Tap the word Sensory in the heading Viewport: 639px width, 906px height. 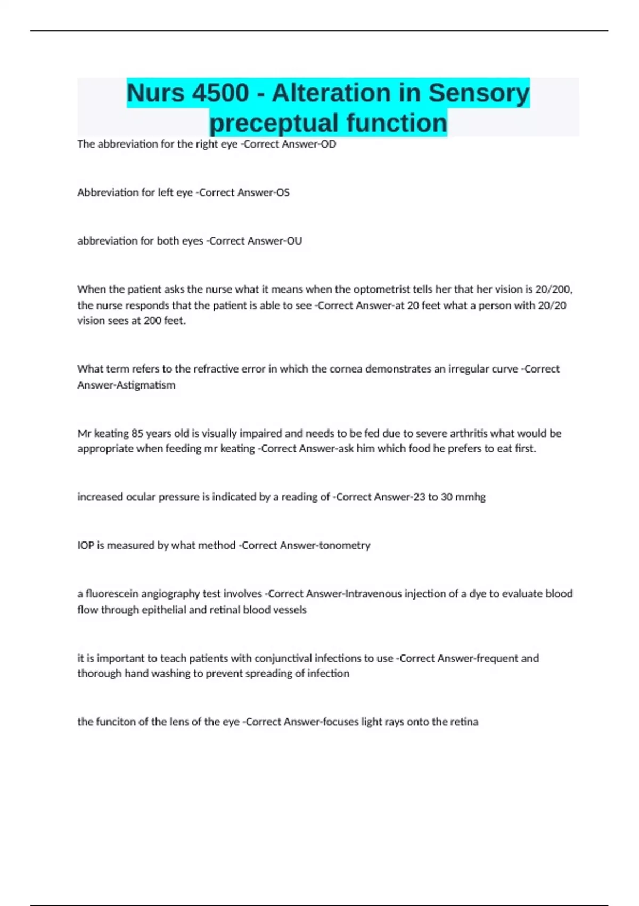(479, 93)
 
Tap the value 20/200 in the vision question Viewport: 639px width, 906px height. (553, 289)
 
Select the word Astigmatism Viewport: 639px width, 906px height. (142, 385)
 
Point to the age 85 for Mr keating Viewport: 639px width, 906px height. (137, 433)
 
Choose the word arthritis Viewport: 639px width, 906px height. (466, 433)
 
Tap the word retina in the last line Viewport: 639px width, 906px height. (463, 722)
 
